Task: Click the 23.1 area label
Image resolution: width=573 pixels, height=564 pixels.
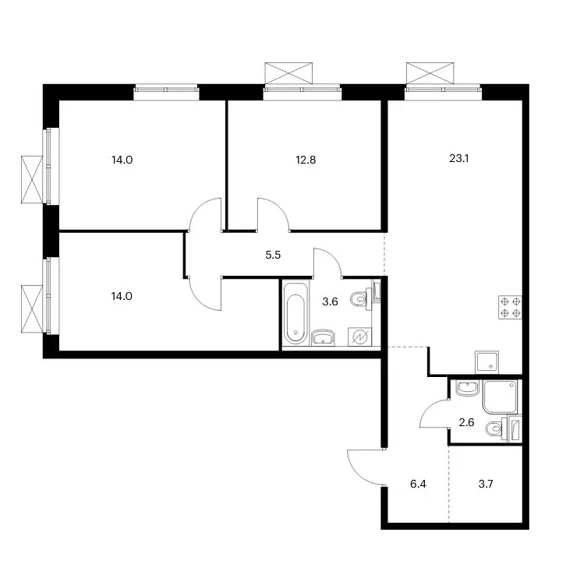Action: pos(459,158)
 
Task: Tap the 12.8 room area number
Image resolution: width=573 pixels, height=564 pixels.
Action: pos(306,160)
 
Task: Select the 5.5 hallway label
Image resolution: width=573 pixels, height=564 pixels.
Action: pos(273,255)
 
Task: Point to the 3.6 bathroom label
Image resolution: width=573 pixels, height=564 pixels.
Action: pos(330,302)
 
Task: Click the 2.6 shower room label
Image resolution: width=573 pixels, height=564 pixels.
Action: pos(466,422)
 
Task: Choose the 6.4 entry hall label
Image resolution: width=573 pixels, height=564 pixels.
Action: pos(418,484)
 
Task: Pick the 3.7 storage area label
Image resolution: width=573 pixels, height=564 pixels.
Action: pos(486,484)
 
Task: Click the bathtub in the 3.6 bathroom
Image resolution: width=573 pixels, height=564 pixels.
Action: pos(295,313)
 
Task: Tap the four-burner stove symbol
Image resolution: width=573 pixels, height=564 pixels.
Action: pos(510,307)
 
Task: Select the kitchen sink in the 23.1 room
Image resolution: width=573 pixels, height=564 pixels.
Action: pos(486,362)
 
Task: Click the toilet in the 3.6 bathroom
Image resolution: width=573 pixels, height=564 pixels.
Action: pos(361,299)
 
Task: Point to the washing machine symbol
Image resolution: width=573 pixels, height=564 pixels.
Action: pos(359,337)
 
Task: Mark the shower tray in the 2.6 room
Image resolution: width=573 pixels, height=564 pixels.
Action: pos(500,397)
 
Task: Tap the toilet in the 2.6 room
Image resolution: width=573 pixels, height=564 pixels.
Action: pos(497,428)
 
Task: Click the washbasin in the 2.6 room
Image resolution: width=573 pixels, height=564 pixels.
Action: pos(468,388)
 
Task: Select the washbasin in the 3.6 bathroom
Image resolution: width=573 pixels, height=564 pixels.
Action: pos(323,337)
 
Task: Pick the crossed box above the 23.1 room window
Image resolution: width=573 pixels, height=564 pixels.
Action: pos(430,73)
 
